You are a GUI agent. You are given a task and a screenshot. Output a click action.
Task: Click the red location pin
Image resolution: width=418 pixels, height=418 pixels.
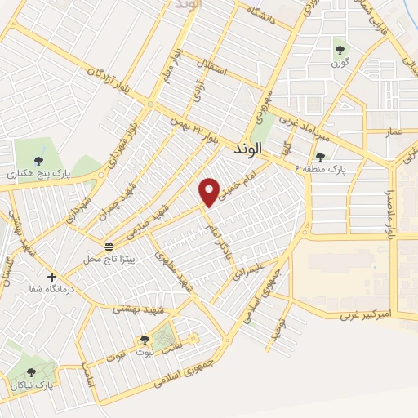pyautogui.click(x=210, y=192)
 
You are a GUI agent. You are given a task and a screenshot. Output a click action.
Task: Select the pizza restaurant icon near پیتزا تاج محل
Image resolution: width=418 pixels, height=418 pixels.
pyautogui.click(x=109, y=246)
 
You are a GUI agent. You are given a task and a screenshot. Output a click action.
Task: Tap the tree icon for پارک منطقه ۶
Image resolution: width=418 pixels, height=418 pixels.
pyautogui.click(x=320, y=157)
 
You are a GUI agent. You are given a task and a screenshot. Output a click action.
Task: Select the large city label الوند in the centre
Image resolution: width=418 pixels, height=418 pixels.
pyautogui.click(x=246, y=149)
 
